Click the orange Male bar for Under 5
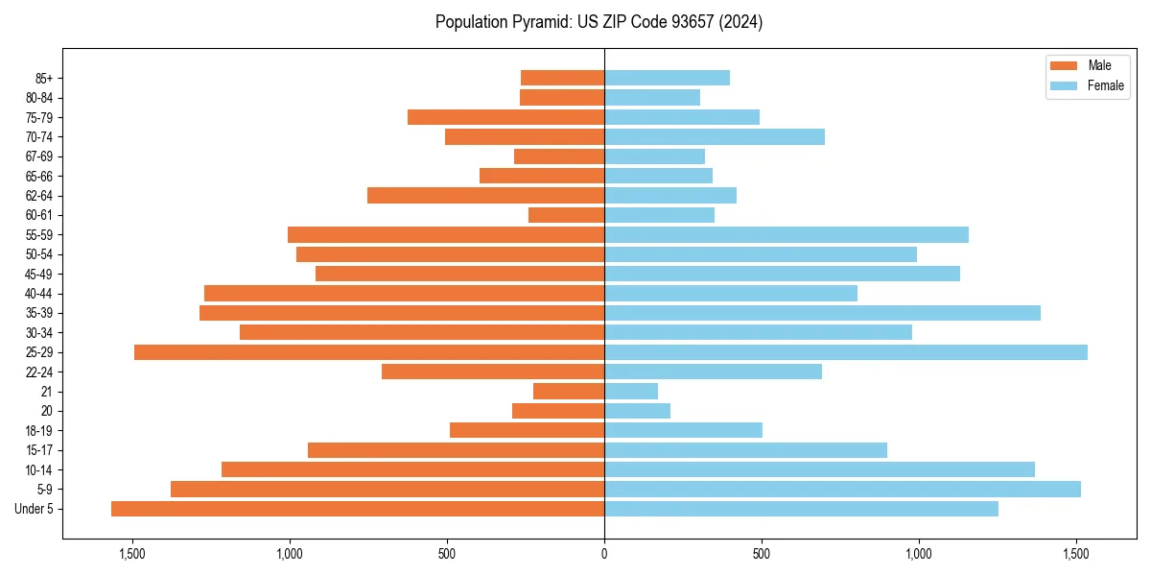point(357,509)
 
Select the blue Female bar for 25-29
point(845,352)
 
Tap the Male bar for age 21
point(569,392)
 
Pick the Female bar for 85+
point(667,78)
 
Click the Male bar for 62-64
point(485,195)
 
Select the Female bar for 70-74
point(715,136)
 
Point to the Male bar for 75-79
point(505,117)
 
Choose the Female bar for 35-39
point(822,313)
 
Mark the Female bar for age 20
point(637,411)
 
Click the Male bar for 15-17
point(456,450)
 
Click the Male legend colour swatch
point(1064,65)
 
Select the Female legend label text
point(1105,85)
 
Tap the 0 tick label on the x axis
point(604,554)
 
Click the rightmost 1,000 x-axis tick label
point(919,554)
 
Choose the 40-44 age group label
point(39,294)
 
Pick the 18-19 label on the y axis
point(39,431)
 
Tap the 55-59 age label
point(39,235)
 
